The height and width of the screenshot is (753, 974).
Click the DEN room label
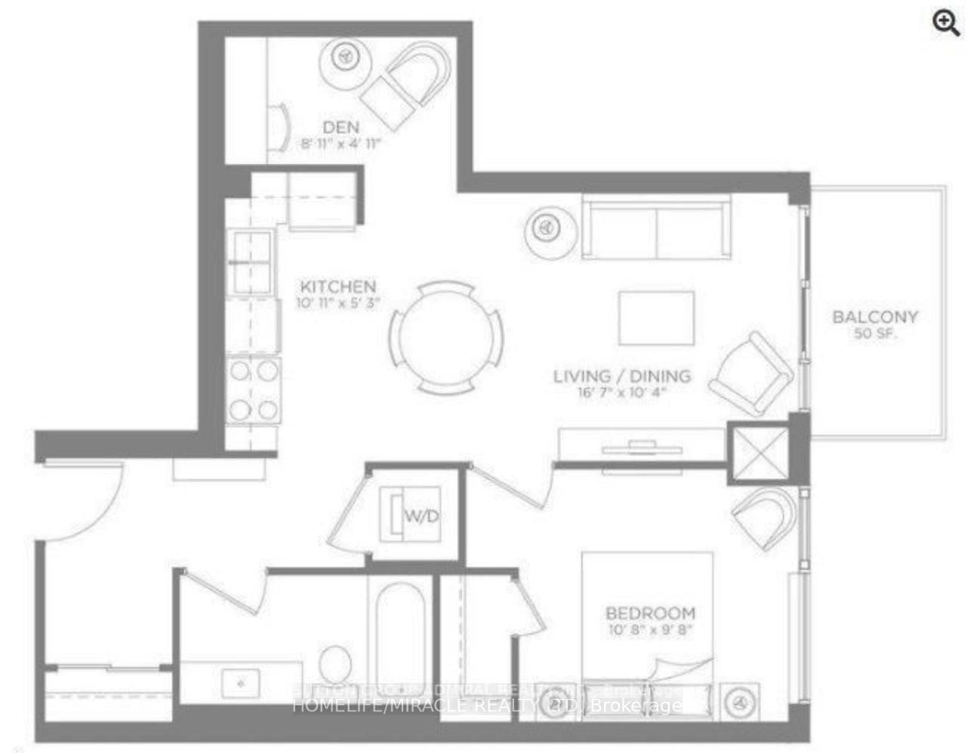[x=341, y=127]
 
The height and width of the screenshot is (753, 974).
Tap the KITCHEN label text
[x=338, y=287]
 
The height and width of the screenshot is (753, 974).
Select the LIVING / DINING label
[x=621, y=376]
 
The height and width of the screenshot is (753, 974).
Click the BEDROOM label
[x=650, y=613]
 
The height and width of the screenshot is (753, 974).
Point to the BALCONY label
[x=875, y=317]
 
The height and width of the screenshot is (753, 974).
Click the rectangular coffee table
[x=656, y=318]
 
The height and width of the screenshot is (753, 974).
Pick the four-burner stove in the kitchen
[x=254, y=389]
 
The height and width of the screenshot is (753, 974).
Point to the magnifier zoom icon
[x=945, y=23]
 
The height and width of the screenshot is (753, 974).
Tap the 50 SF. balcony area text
[x=875, y=334]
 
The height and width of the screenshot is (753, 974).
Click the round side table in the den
[x=345, y=57]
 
